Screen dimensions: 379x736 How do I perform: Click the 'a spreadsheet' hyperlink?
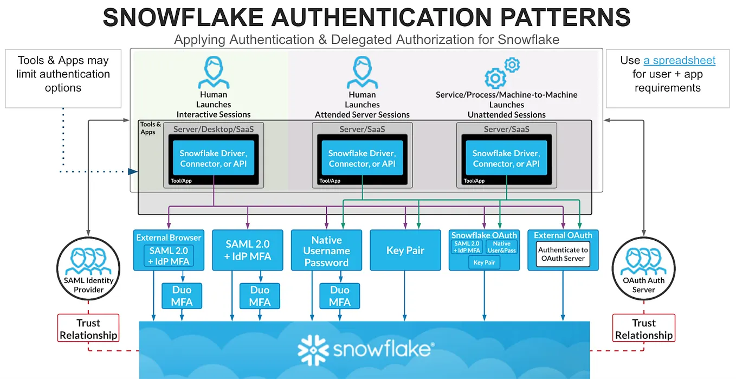[679, 60]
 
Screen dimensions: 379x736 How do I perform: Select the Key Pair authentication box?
[405, 250]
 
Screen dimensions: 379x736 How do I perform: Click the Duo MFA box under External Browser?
[182, 296]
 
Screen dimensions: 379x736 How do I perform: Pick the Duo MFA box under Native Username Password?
[339, 296]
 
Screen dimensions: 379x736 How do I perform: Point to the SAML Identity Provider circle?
[88, 270]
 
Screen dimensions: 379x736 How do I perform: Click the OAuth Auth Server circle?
[643, 270]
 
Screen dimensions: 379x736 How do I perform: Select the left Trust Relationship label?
[88, 329]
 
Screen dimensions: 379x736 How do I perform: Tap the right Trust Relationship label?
[643, 329]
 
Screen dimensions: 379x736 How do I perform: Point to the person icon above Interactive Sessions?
[213, 72]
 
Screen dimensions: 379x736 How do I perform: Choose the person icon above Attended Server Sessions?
[361, 72]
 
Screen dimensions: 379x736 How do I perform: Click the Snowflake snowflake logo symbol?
[313, 349]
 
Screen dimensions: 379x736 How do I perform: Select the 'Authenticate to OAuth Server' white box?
[563, 254]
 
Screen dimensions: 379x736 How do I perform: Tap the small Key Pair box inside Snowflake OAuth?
[484, 262]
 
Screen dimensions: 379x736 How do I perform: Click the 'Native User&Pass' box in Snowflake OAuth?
[501, 247]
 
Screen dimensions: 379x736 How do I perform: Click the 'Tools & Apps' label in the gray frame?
[151, 128]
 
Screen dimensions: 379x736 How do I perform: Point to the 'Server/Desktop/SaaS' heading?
[213, 129]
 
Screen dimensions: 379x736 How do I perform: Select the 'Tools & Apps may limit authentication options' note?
[63, 74]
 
